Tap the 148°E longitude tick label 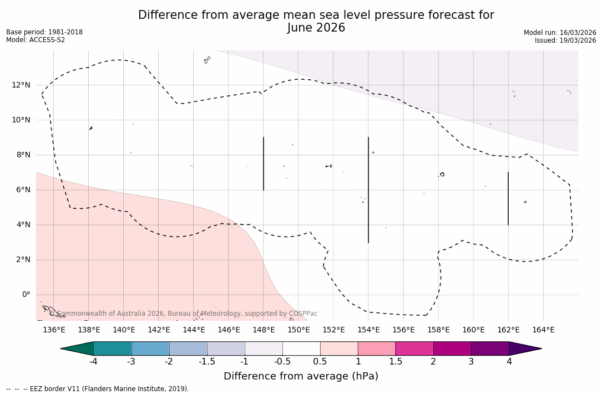click(x=264, y=330)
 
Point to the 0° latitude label click(x=26, y=295)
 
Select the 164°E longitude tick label click(x=543, y=330)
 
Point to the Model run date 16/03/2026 click(x=577, y=33)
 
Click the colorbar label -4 click(x=94, y=362)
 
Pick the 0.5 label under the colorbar click(x=320, y=362)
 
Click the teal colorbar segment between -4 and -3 click(x=113, y=348)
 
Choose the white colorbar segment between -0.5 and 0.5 click(x=301, y=348)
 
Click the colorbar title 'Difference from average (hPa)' click(x=301, y=377)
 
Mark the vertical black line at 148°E click(x=264, y=163)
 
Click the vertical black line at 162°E click(x=508, y=198)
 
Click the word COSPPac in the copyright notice click(x=303, y=314)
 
